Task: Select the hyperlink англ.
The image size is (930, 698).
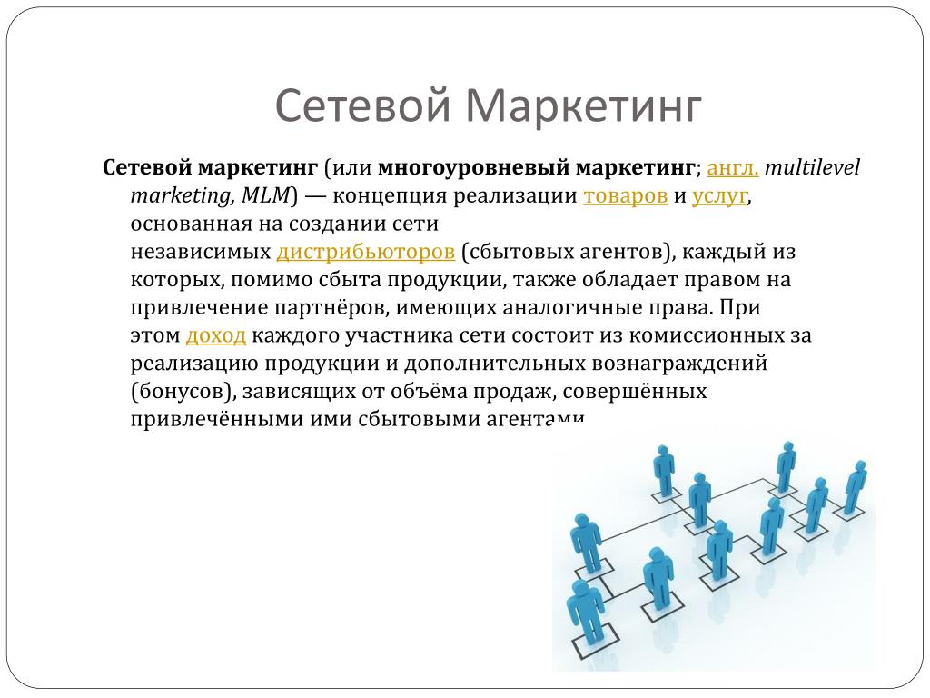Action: tap(733, 168)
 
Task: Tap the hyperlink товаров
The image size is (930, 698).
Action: tap(625, 195)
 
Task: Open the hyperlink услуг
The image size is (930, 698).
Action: tap(719, 196)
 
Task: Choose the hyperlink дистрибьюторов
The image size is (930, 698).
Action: tap(365, 252)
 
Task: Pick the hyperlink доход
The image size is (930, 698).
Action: tap(216, 336)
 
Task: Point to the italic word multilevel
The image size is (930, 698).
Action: tap(812, 167)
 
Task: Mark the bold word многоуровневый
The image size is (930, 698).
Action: tap(474, 168)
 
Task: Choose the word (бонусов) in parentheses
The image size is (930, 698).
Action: tap(183, 392)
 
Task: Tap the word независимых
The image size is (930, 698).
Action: tap(201, 252)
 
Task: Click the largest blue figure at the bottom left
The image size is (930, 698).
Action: tap(586, 613)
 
